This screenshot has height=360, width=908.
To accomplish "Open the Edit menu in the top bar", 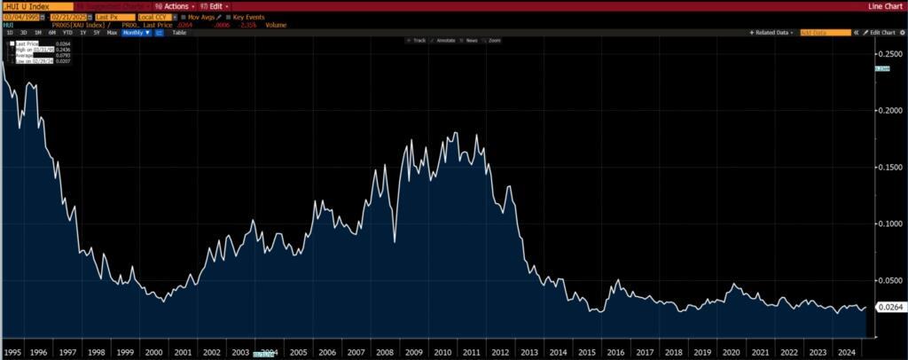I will point(213,6).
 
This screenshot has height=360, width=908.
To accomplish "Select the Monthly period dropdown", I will point(136,32).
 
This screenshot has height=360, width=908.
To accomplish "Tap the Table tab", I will point(179,32).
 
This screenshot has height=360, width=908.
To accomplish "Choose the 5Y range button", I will point(97,32).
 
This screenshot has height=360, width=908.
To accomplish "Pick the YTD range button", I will point(67,32).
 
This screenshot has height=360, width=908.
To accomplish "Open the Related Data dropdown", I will point(772,32).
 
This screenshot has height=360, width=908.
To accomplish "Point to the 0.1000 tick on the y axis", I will point(889,223).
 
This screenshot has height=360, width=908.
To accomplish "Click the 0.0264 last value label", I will point(889,307).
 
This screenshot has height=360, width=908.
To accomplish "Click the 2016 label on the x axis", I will point(615,352).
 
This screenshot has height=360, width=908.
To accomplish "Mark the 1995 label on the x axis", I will point(12,352).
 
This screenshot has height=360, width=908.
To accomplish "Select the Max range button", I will point(112,32).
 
